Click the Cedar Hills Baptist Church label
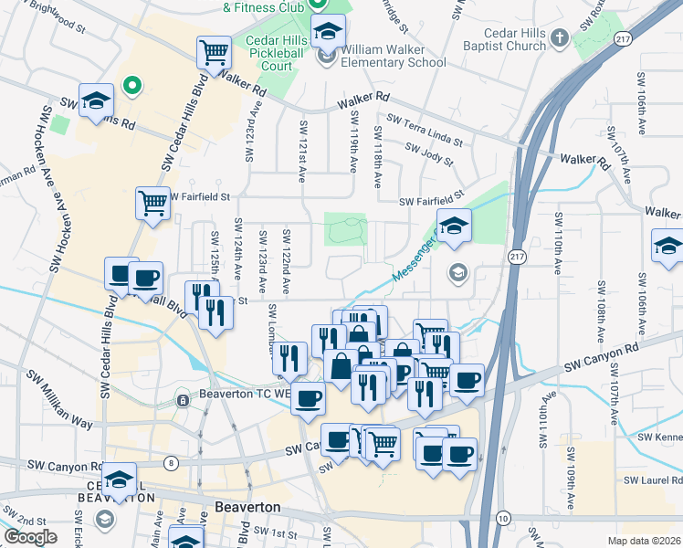coord(515,39)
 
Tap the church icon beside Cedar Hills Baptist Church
coord(562,39)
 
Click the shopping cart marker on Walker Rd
coord(214,53)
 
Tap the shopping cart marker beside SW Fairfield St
coord(152,203)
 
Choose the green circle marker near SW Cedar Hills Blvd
coord(132,87)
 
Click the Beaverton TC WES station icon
coord(182,399)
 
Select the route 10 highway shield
coord(502,518)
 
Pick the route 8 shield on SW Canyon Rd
coord(173,464)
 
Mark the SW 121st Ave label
coord(302,149)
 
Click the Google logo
coord(30,536)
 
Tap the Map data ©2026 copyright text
coord(644,541)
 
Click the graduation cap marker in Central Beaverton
coord(119,479)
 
